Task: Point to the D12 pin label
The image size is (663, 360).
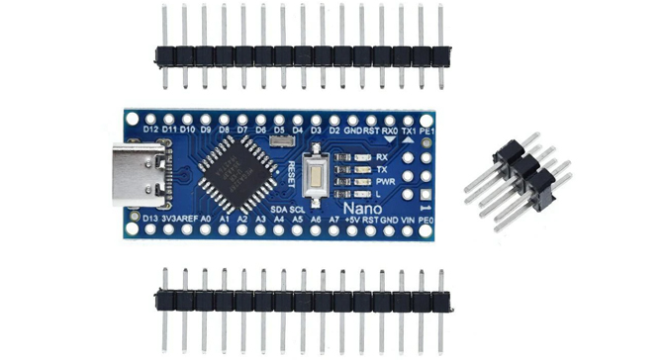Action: click(151, 130)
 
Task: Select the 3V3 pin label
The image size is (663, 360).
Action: click(173, 218)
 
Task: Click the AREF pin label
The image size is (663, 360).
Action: click(196, 218)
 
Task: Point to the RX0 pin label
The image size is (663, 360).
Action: click(391, 130)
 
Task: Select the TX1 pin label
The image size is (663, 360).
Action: click(410, 130)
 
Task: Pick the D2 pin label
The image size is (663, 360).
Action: click(334, 130)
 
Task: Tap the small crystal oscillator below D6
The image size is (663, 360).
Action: click(278, 144)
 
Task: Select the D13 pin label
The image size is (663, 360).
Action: click(151, 218)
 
